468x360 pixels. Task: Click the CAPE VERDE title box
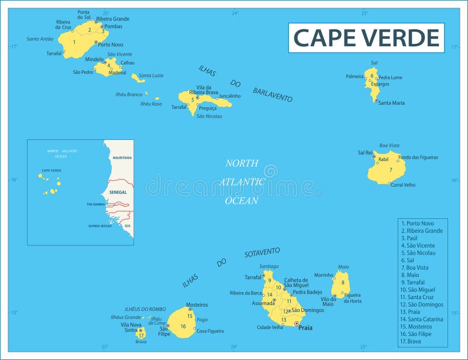[366, 37]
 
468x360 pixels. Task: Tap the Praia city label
[305, 328]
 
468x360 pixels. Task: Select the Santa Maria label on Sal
[391, 103]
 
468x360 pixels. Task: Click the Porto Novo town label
[111, 44]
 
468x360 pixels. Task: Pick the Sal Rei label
[365, 153]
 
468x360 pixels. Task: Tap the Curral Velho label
[403, 185]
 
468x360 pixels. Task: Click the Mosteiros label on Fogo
[197, 304]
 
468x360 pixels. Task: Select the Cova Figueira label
[210, 331]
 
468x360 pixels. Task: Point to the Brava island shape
[141, 334]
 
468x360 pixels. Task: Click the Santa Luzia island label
[151, 76]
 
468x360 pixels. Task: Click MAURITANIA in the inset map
[122, 158]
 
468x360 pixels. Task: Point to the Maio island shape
[340, 285]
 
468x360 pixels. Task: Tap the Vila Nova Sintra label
[131, 327]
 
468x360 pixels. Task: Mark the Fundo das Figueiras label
[418, 157]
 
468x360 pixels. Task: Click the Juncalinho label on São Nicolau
[229, 96]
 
